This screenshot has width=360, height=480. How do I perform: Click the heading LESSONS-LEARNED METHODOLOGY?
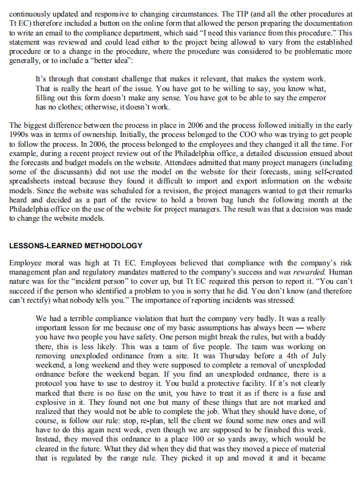tap(76, 245)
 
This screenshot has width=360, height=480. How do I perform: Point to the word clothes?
tap(67, 106)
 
